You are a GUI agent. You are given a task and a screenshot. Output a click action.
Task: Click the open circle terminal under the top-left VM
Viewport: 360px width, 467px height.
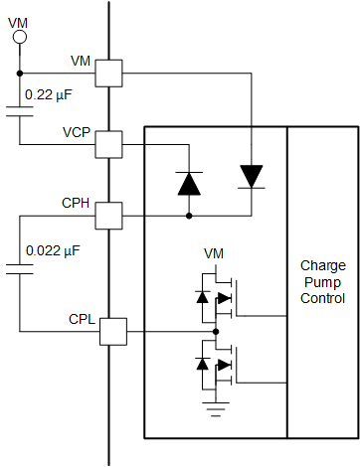[19, 38]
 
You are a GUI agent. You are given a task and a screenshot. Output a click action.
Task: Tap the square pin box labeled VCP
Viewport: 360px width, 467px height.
[108, 145]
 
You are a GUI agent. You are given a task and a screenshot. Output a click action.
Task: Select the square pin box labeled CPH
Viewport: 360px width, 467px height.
[108, 215]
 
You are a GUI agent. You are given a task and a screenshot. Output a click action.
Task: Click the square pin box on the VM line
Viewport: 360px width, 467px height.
[108, 73]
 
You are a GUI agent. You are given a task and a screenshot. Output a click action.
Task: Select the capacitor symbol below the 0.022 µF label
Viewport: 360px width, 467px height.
[19, 267]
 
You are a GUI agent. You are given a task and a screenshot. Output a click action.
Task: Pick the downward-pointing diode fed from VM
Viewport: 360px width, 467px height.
[252, 176]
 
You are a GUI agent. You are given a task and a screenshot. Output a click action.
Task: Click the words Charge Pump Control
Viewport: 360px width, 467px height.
[322, 282]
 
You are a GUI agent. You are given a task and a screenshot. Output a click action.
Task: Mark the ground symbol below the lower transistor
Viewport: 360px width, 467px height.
[215, 402]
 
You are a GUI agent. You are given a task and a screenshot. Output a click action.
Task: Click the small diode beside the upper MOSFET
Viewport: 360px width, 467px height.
[203, 296]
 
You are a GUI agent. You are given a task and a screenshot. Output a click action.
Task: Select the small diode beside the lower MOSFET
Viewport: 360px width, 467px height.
[203, 364]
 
